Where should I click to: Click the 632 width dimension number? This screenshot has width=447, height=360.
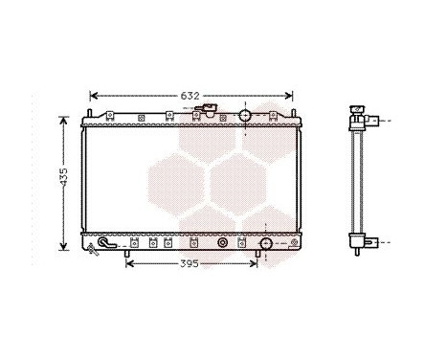tap(190, 96)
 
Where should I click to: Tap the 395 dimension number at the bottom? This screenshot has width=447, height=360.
tap(191, 263)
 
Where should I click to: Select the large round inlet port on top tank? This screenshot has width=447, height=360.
tap(245, 116)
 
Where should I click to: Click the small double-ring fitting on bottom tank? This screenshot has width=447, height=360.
tap(223, 244)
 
